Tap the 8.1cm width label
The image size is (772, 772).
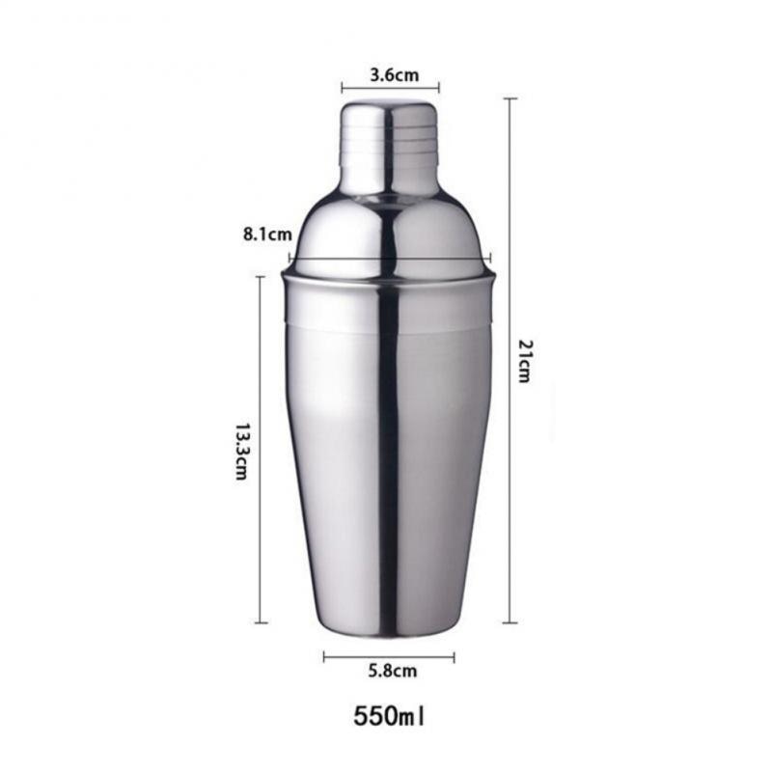coord(267,234)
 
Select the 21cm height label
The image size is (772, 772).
coord(523,361)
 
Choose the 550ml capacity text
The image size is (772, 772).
coord(390,717)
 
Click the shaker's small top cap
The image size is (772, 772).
coord(388,145)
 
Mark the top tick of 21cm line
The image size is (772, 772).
coord(510,99)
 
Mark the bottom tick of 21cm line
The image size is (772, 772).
coord(510,623)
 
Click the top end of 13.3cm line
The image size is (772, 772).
coord(261,278)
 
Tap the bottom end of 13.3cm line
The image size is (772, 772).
coord(261,622)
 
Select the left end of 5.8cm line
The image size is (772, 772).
coord(324,657)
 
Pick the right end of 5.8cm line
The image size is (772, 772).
coord(454,657)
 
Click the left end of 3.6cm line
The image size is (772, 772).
coord(342,87)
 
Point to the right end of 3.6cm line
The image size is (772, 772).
coord(439,87)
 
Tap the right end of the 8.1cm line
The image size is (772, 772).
coord(491,258)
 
